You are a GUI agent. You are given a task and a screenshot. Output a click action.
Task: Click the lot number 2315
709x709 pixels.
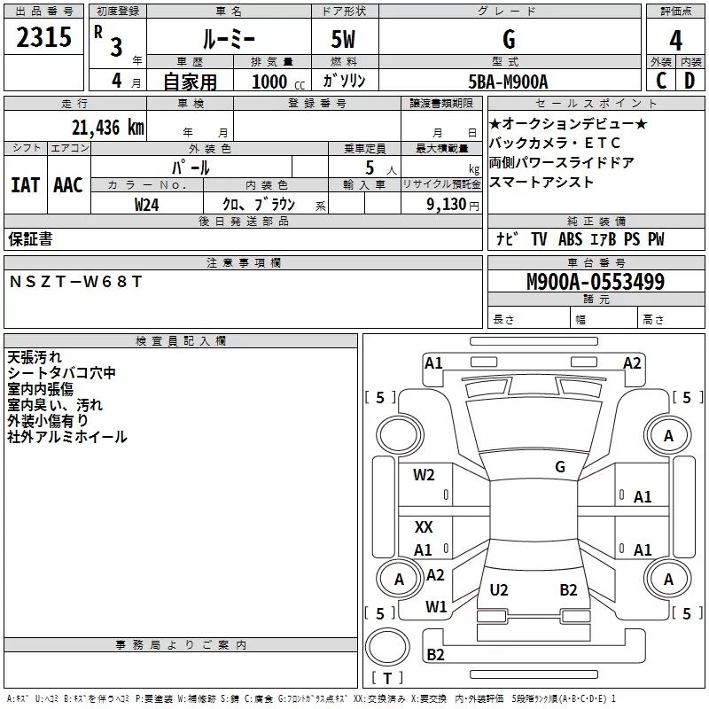tap(45, 38)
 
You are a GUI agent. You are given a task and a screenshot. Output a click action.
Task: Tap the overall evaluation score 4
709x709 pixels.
tap(675, 41)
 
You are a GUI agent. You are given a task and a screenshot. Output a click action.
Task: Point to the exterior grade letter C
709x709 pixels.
tap(661, 81)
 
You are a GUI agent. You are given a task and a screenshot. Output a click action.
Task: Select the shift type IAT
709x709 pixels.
tap(25, 185)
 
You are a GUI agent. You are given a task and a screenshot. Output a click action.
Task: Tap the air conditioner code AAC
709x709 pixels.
tap(67, 185)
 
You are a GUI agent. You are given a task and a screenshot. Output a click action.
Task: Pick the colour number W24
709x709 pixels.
tap(147, 205)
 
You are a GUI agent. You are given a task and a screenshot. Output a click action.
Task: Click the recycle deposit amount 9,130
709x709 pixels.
tap(453, 205)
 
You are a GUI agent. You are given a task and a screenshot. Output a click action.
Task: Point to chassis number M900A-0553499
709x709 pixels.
tap(596, 283)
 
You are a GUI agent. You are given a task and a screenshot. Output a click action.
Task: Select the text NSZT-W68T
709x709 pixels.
tap(75, 281)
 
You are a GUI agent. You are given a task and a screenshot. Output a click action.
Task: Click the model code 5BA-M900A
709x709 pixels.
tap(508, 82)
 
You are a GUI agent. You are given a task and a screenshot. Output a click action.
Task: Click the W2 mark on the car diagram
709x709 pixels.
tap(424, 475)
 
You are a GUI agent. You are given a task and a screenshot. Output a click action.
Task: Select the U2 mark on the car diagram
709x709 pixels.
tap(499, 590)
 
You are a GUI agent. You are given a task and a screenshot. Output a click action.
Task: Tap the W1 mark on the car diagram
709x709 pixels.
tap(435, 607)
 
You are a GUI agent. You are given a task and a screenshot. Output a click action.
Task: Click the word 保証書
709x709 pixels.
tap(30, 239)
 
